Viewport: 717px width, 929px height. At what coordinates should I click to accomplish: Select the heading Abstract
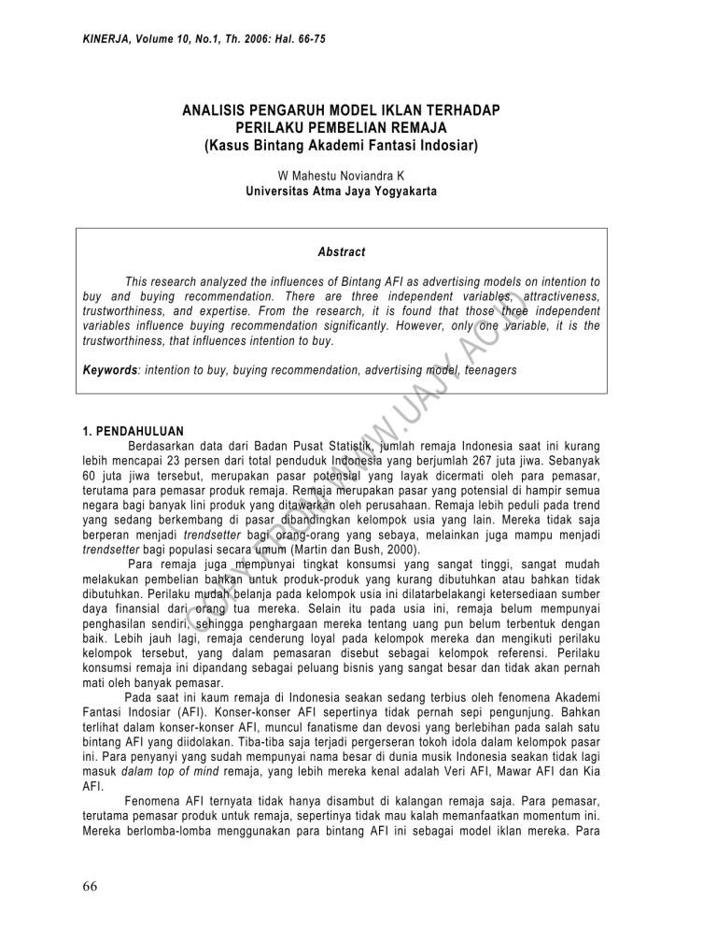coord(341,252)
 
